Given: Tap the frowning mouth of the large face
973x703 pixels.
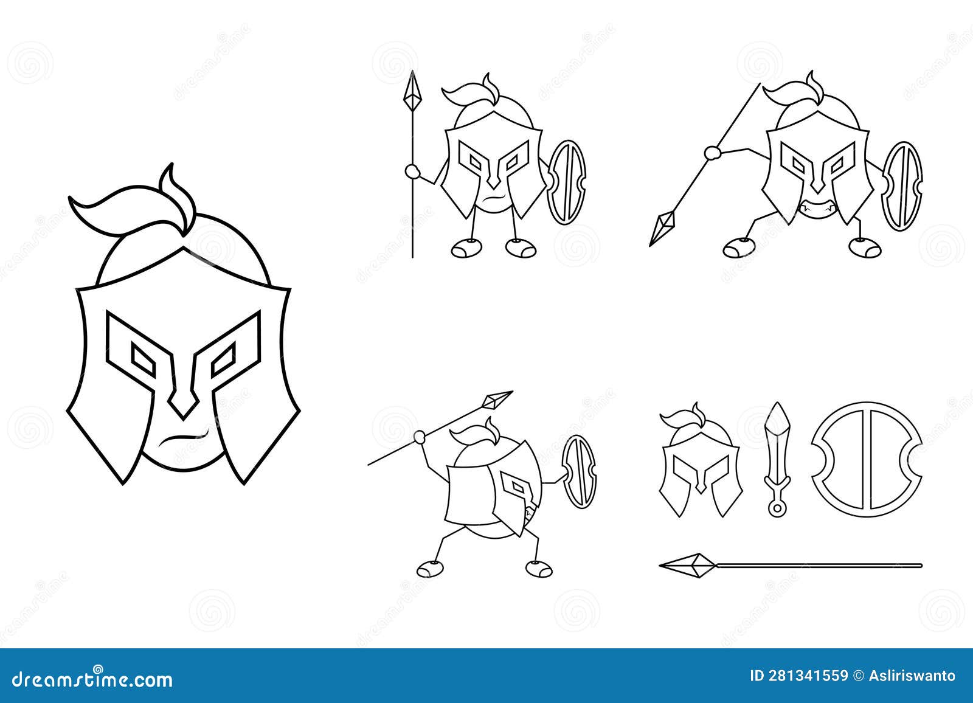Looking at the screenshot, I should (x=181, y=437).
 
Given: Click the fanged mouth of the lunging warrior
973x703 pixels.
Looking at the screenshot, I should (x=814, y=209).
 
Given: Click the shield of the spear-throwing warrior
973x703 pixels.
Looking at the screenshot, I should (x=579, y=471).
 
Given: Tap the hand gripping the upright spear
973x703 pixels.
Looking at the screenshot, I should (x=412, y=172).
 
